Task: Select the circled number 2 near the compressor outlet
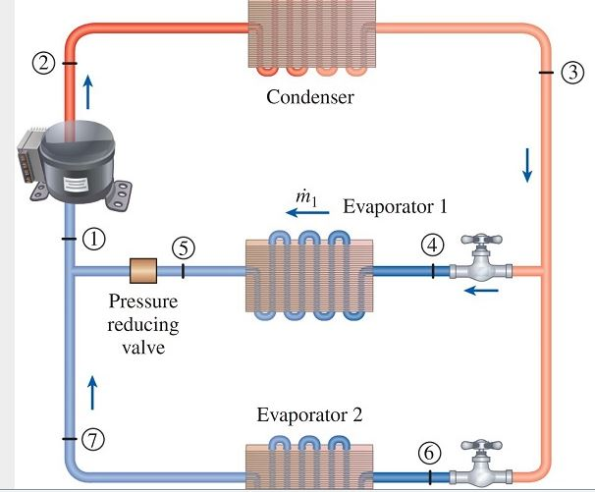(42, 64)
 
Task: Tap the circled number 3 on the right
(572, 73)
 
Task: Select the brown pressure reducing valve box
(143, 269)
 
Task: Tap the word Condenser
(310, 97)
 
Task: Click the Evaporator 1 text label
(395, 207)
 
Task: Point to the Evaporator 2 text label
(309, 413)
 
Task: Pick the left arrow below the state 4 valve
(480, 291)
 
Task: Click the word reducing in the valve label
(143, 324)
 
